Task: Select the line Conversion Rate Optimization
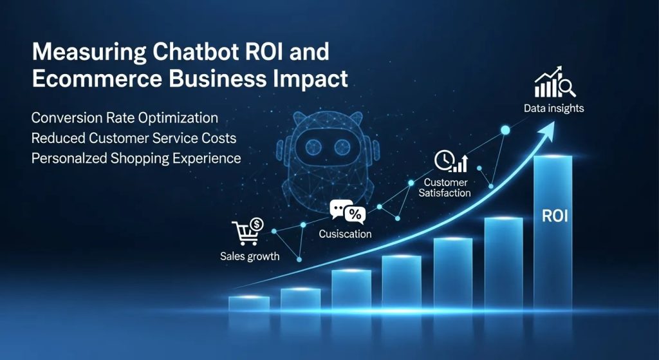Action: tap(124, 118)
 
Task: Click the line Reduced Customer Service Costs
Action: tap(133, 138)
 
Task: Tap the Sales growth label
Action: tap(250, 256)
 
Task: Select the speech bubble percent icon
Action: tap(348, 212)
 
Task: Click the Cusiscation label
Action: tap(345, 234)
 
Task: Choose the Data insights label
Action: tap(553, 108)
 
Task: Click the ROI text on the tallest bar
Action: tap(555, 216)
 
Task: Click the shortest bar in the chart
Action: tap(249, 303)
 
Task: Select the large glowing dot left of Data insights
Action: tap(505, 130)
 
